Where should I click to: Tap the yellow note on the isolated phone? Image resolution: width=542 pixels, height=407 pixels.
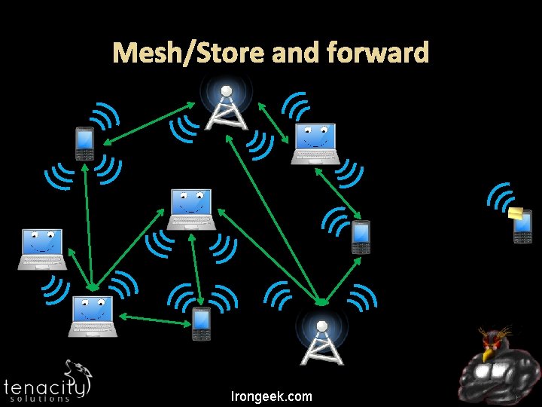click(516, 214)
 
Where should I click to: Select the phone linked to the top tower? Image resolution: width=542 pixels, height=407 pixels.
click(84, 144)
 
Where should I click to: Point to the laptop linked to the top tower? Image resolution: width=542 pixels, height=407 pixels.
click(315, 143)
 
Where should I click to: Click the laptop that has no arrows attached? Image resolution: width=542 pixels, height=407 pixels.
click(42, 249)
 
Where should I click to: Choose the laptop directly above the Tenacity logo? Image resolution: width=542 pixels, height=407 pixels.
click(93, 317)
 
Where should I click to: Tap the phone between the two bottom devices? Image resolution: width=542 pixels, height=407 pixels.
click(200, 324)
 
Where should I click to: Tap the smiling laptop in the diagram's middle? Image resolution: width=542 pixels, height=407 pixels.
click(191, 209)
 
